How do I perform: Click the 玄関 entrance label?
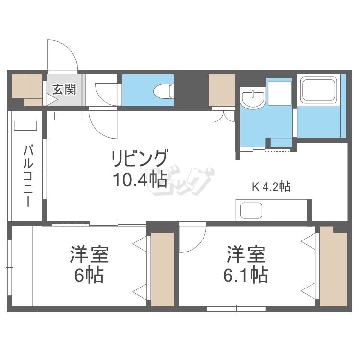point(64,89)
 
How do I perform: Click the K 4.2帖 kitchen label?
point(271,187)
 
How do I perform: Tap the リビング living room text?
point(140,158)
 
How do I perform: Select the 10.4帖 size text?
point(140,179)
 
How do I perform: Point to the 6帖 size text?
point(89,275)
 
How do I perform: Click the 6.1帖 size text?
point(245,275)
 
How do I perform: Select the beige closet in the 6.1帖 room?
point(333,266)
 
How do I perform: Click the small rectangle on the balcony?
point(25,126)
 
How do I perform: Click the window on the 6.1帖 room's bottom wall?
point(236,309)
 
